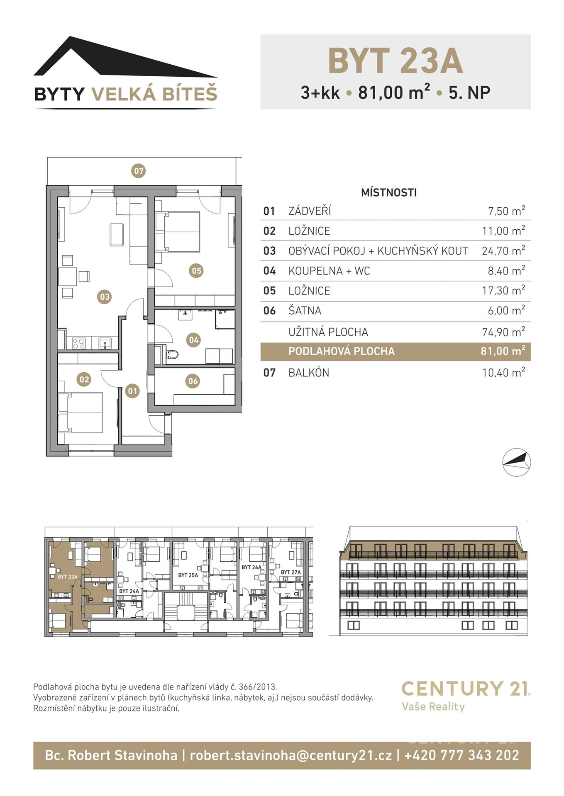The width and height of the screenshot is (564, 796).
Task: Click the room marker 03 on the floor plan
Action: pyautogui.click(x=105, y=297)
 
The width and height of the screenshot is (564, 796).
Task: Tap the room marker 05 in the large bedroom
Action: pyautogui.click(x=196, y=271)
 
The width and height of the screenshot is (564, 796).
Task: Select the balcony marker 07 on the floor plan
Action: pyautogui.click(x=139, y=171)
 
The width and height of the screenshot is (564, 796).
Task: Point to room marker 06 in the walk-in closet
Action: pyautogui.click(x=193, y=381)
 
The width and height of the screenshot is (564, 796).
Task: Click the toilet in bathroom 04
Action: pyautogui.click(x=172, y=354)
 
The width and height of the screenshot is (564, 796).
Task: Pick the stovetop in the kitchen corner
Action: pyautogui.click(x=79, y=343)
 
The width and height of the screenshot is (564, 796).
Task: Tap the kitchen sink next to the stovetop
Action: pyautogui.click(x=105, y=343)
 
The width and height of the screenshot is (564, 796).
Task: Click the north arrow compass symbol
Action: pyautogui.click(x=517, y=462)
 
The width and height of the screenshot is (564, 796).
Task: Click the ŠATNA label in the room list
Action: pyautogui.click(x=305, y=311)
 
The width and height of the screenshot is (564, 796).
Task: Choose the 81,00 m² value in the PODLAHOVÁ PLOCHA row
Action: pyautogui.click(x=503, y=351)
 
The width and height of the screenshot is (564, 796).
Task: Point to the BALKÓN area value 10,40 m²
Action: pyautogui.click(x=503, y=372)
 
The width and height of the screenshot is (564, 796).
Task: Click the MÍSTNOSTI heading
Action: pyautogui.click(x=389, y=192)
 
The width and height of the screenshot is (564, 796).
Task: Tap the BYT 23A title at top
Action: pyautogui.click(x=396, y=61)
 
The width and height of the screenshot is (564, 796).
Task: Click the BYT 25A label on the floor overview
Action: pyautogui.click(x=188, y=575)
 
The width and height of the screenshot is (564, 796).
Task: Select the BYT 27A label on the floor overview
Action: pyautogui.click(x=291, y=572)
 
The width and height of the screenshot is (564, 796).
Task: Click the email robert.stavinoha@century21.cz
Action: pyautogui.click(x=291, y=755)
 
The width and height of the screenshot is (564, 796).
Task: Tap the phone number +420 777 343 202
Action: pyautogui.click(x=461, y=755)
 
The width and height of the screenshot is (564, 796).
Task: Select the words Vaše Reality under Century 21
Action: pyautogui.click(x=433, y=706)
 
